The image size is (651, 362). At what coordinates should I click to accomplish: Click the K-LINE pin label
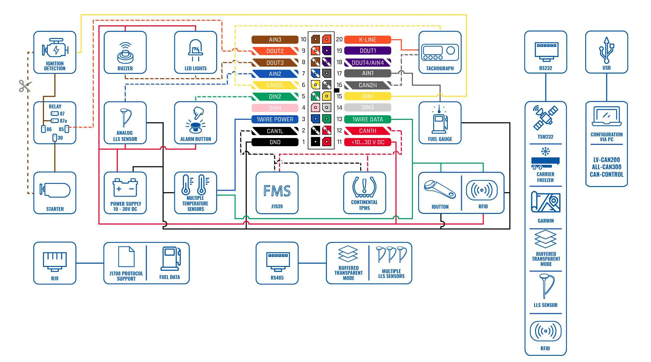coord(367,40)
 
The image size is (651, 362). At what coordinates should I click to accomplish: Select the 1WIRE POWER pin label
coord(275,119)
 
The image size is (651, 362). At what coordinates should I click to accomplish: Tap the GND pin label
coord(275,142)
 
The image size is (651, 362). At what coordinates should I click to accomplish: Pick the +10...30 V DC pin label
coord(367,142)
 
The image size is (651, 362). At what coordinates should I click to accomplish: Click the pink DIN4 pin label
coord(275,108)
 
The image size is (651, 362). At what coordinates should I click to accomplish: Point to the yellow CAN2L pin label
coord(275,85)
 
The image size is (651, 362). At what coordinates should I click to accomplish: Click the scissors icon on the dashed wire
coord(25,86)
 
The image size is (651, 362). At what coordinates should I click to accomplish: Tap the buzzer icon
coord(125,53)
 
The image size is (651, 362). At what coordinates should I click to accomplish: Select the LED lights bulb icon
coord(195,50)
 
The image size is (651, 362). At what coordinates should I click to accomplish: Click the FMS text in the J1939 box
coord(277,191)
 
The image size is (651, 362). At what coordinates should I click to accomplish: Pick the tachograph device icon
coord(440,52)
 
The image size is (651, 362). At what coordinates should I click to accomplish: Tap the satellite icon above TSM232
coord(545,118)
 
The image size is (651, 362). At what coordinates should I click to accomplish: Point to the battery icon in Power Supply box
coord(125,188)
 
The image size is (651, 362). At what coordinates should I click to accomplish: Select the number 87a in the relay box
coord(63,121)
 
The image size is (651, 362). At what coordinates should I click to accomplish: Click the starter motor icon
coord(55,190)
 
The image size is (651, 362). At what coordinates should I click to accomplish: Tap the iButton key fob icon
coord(440,189)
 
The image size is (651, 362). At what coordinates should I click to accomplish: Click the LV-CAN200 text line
coord(606,160)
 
